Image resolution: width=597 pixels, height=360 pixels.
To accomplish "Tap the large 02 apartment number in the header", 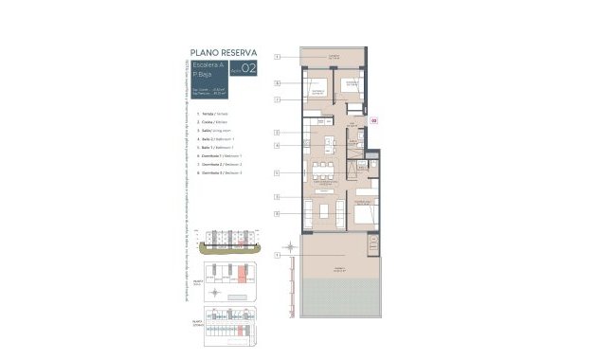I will [x=248, y=67].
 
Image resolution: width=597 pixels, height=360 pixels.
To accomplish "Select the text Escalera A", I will [x=197, y=64].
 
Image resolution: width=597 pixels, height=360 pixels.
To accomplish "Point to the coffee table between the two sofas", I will [x=325, y=209].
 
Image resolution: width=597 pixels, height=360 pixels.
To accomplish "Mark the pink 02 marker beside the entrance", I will [x=373, y=121].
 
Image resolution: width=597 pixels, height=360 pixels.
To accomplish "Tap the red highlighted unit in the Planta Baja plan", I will [x=244, y=275].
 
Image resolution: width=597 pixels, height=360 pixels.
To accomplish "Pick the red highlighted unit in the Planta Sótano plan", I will [x=246, y=331].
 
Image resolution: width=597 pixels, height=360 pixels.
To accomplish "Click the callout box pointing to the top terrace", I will [x=277, y=58].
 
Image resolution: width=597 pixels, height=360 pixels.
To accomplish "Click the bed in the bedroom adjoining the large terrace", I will [x=366, y=213].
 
